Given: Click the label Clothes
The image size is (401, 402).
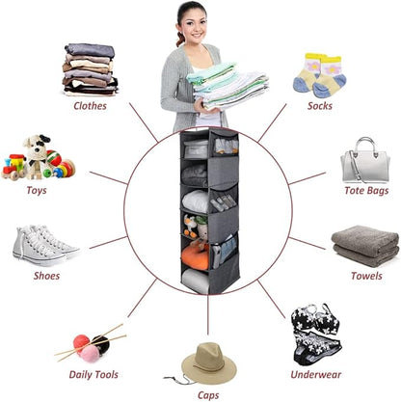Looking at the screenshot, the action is [x=90, y=106].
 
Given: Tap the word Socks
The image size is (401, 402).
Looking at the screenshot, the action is [x=320, y=106].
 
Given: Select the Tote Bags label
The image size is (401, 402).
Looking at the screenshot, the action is [x=366, y=191].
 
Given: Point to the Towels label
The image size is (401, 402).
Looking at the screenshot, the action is [x=366, y=276].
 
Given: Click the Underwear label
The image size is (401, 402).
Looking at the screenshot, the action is [x=316, y=374].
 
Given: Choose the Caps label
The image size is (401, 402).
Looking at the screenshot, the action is [x=208, y=395].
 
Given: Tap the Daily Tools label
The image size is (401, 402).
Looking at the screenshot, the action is [x=94, y=374].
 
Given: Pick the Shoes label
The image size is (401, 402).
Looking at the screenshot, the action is [x=46, y=276].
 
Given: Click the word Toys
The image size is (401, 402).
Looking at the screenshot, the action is [x=37, y=190].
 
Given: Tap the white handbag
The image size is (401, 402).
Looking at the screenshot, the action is [x=365, y=161].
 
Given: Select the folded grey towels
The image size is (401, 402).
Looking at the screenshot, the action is [x=365, y=246].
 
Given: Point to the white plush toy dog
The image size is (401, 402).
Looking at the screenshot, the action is [x=37, y=155].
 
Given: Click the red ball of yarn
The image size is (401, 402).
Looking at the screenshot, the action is [x=81, y=342].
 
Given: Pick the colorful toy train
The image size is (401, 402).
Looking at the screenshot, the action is [x=13, y=167].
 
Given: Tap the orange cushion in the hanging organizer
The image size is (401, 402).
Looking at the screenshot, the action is [x=195, y=256].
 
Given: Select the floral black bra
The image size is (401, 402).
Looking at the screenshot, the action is [x=315, y=318].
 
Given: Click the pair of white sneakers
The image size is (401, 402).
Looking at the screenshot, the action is [x=45, y=246].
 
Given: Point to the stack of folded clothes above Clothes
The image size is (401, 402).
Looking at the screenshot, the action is [x=91, y=69].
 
